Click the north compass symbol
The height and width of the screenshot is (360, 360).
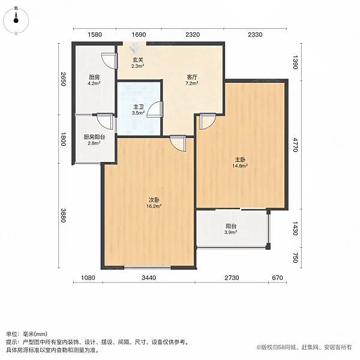click(x=16, y=20)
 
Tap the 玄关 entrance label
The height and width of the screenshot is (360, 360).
click(x=138, y=60)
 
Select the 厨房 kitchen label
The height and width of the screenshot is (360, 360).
click(x=94, y=77)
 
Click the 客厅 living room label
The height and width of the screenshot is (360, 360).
click(x=192, y=77)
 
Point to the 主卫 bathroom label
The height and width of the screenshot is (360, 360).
click(x=139, y=107)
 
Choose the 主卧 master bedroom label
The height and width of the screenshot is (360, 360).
click(x=240, y=160)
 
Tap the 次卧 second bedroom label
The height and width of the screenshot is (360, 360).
click(x=154, y=200)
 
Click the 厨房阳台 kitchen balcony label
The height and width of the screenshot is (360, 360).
click(x=94, y=137)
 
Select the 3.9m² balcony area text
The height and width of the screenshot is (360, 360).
click(x=231, y=232)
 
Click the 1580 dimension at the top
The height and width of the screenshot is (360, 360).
click(x=95, y=34)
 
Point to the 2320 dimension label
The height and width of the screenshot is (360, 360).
click(x=193, y=34)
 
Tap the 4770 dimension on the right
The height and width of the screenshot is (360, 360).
click(x=295, y=145)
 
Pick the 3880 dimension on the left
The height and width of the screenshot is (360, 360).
click(x=63, y=215)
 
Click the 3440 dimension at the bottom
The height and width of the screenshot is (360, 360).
click(x=149, y=278)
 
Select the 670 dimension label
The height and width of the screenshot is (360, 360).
click(x=277, y=278)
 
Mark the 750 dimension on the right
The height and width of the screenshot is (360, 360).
click(x=295, y=257)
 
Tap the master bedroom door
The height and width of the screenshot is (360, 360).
click(x=208, y=121)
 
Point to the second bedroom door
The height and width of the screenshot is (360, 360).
click(x=178, y=143)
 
